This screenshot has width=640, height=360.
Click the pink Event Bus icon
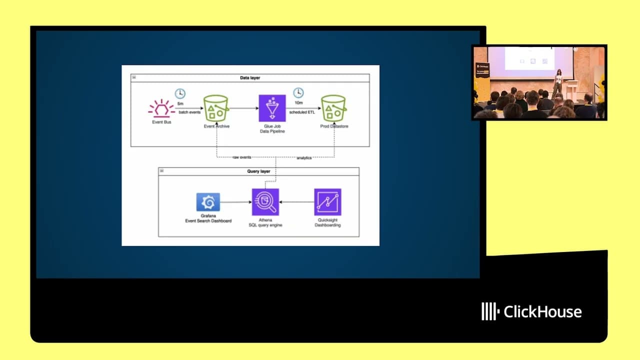click(x=161, y=108)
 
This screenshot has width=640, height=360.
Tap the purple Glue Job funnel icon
click(x=272, y=108)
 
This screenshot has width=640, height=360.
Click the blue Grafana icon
click(x=208, y=202)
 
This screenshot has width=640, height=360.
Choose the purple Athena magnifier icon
click(x=265, y=202)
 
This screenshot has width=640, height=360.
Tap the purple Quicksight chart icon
click(x=327, y=202)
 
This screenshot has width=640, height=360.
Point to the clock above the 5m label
click(x=180, y=93)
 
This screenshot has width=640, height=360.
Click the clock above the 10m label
click(x=298, y=92)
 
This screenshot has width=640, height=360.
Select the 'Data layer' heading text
click(x=250, y=78)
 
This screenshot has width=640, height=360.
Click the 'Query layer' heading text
click(x=258, y=171)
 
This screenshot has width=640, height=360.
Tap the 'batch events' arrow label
click(x=189, y=112)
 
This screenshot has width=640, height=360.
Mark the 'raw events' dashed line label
click(x=242, y=158)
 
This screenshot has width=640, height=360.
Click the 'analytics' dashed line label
click(x=304, y=158)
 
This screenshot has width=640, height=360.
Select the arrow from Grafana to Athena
click(x=235, y=202)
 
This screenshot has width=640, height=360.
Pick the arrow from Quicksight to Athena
click(x=296, y=202)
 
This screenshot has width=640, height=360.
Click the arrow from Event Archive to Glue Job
click(x=243, y=108)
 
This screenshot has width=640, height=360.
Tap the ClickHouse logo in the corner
click(x=531, y=311)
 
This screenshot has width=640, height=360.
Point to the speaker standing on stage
click(x=557, y=83)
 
